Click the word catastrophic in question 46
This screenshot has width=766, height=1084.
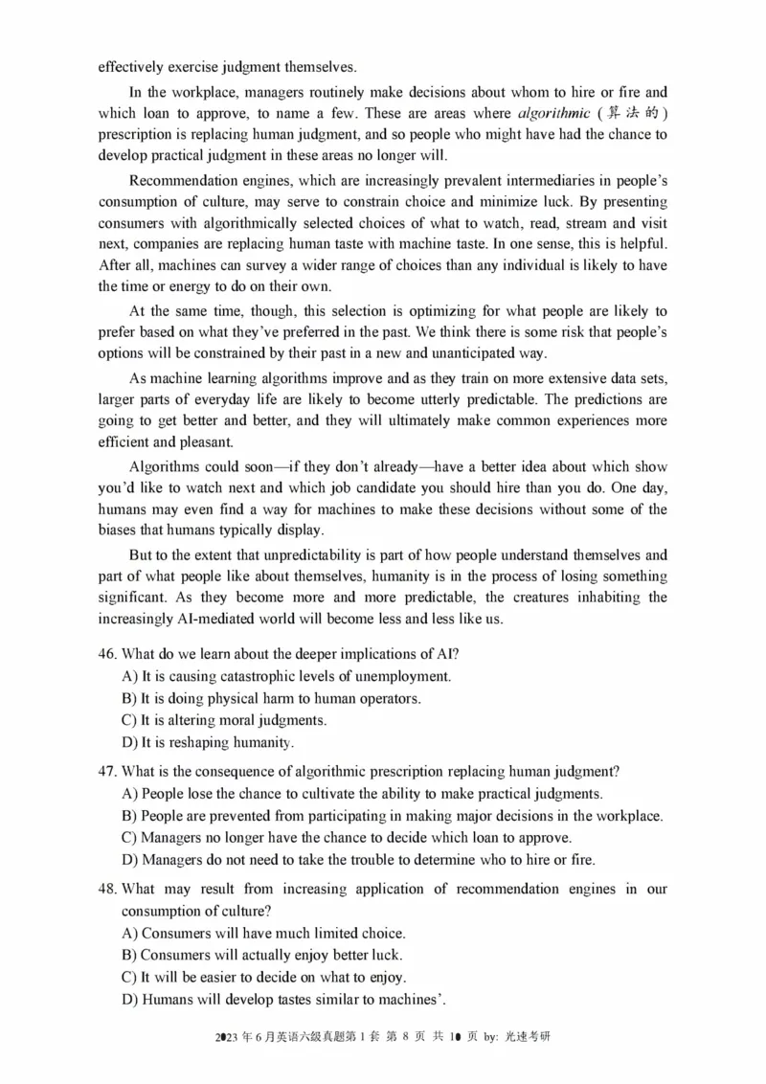point(245,676)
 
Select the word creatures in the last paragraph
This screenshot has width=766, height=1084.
point(568,597)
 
